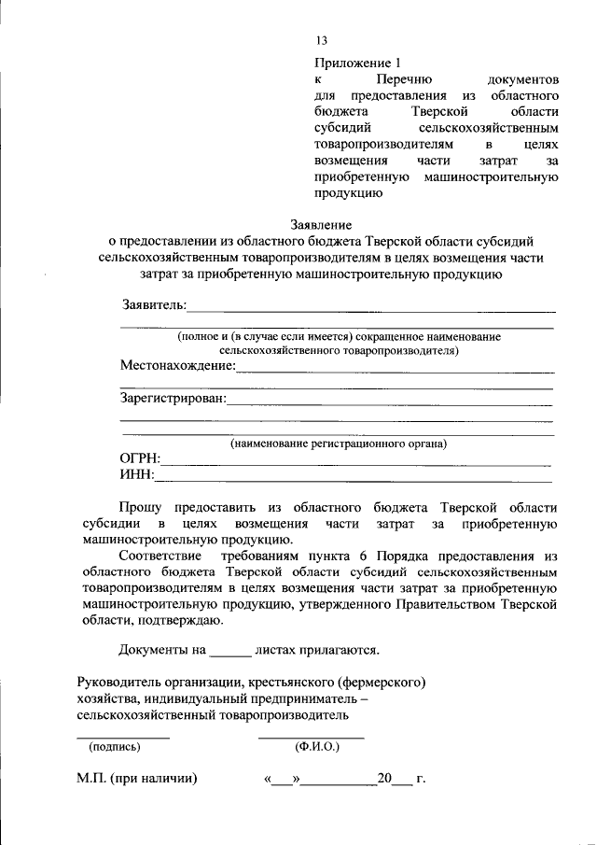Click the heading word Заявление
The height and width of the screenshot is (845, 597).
pos(321,224)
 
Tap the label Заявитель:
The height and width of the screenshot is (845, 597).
pos(154,305)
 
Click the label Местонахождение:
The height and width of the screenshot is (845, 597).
pos(178,366)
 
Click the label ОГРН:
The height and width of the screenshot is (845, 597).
pos(140,458)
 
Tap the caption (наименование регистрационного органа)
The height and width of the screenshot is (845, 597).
pos(339,444)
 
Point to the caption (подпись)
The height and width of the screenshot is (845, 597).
pos(114,747)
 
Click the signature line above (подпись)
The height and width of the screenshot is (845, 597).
pos(122,738)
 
